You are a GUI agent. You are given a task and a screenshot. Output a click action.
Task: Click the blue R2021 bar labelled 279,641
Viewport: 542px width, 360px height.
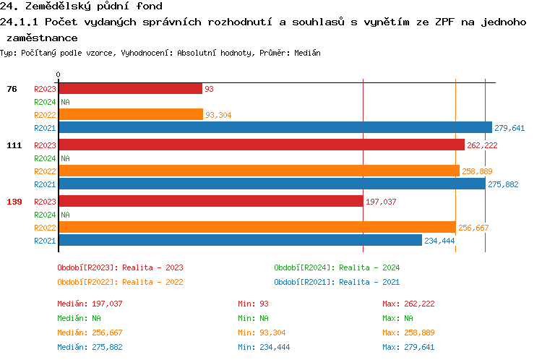click(275, 127)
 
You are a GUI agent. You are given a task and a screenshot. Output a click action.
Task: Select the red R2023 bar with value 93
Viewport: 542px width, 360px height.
click(130, 88)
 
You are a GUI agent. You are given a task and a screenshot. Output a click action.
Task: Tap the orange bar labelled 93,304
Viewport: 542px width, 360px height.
click(131, 114)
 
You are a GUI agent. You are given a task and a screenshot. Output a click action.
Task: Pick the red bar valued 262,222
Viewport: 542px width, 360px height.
click(261, 145)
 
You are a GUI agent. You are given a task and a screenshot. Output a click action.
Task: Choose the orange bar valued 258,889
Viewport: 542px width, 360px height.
click(259, 171)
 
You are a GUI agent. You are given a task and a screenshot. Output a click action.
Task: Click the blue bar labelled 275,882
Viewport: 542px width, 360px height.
click(272, 184)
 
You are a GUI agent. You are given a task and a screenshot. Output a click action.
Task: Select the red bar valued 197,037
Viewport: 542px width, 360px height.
click(210, 201)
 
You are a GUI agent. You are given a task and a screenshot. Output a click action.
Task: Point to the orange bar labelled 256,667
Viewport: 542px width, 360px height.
click(257, 227)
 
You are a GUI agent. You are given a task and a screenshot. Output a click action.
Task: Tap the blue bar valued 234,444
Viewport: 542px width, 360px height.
click(240, 240)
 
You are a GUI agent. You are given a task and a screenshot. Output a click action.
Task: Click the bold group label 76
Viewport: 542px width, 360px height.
click(12, 89)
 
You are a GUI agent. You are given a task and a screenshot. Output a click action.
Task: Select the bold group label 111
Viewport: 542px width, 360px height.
click(14, 145)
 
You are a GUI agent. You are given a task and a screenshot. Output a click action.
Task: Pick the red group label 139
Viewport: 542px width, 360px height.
click(14, 202)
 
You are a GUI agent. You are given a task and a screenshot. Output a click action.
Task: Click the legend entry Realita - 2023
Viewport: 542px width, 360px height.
click(120, 267)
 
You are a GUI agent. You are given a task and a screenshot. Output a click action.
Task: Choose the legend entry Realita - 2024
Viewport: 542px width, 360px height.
click(337, 267)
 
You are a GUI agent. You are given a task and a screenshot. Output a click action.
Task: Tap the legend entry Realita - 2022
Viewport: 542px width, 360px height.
click(120, 282)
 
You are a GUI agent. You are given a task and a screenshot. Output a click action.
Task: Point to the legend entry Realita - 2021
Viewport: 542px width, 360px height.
click(337, 282)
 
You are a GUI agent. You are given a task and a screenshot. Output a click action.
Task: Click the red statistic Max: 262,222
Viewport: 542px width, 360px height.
click(408, 304)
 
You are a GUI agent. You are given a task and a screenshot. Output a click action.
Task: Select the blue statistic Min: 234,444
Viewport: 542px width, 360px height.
click(264, 347)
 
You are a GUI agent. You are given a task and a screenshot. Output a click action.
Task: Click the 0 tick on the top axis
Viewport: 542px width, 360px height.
click(58, 74)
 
